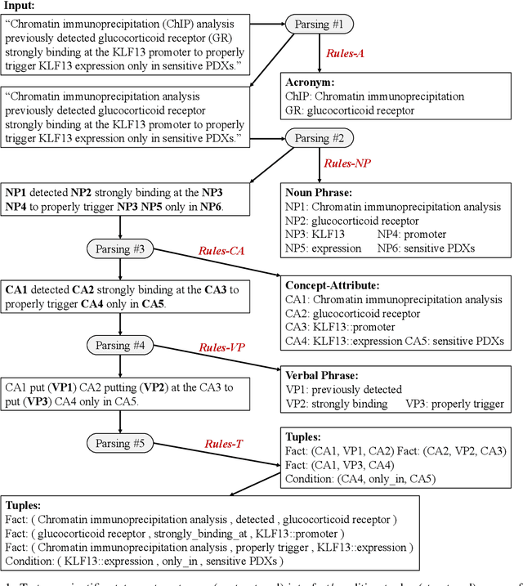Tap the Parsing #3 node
tap(121, 248)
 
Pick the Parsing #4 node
tap(121, 346)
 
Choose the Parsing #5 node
tap(121, 442)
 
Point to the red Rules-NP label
tap(347, 163)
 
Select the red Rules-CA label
tap(222, 251)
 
